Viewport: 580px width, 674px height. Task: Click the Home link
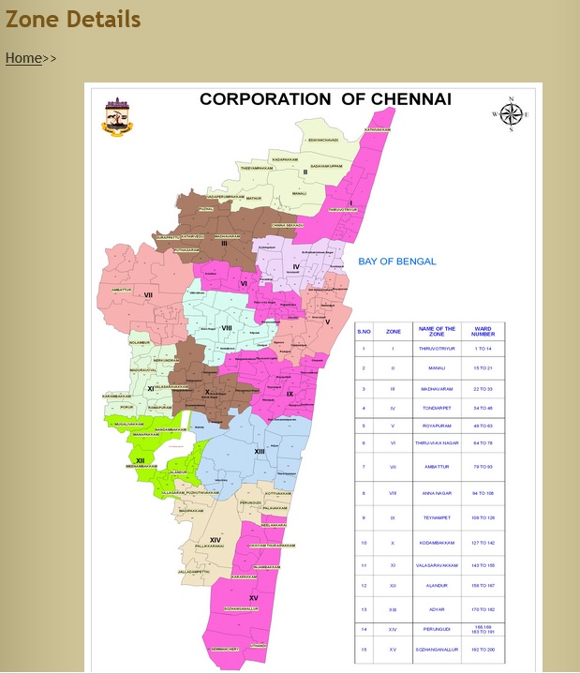pos(23,58)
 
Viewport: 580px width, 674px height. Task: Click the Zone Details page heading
pos(73,19)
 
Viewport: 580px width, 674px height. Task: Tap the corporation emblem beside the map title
pos(117,116)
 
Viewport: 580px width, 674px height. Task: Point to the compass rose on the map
pos(511,114)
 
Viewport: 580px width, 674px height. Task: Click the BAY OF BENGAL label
pos(397,262)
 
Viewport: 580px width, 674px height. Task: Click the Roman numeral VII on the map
pos(148,295)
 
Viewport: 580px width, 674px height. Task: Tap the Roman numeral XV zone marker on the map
pos(253,597)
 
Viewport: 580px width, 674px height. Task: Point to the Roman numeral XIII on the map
pos(260,452)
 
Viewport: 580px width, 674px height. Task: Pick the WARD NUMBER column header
pos(483,331)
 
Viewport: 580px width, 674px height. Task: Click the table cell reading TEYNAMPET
pos(437,517)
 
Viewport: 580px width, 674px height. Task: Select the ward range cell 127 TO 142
pos(483,542)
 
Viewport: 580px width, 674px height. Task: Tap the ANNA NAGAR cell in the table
pos(437,492)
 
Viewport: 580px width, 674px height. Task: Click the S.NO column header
pos(364,331)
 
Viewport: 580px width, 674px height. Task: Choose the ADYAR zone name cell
pos(437,609)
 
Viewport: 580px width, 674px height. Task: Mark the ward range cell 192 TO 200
pos(483,649)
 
